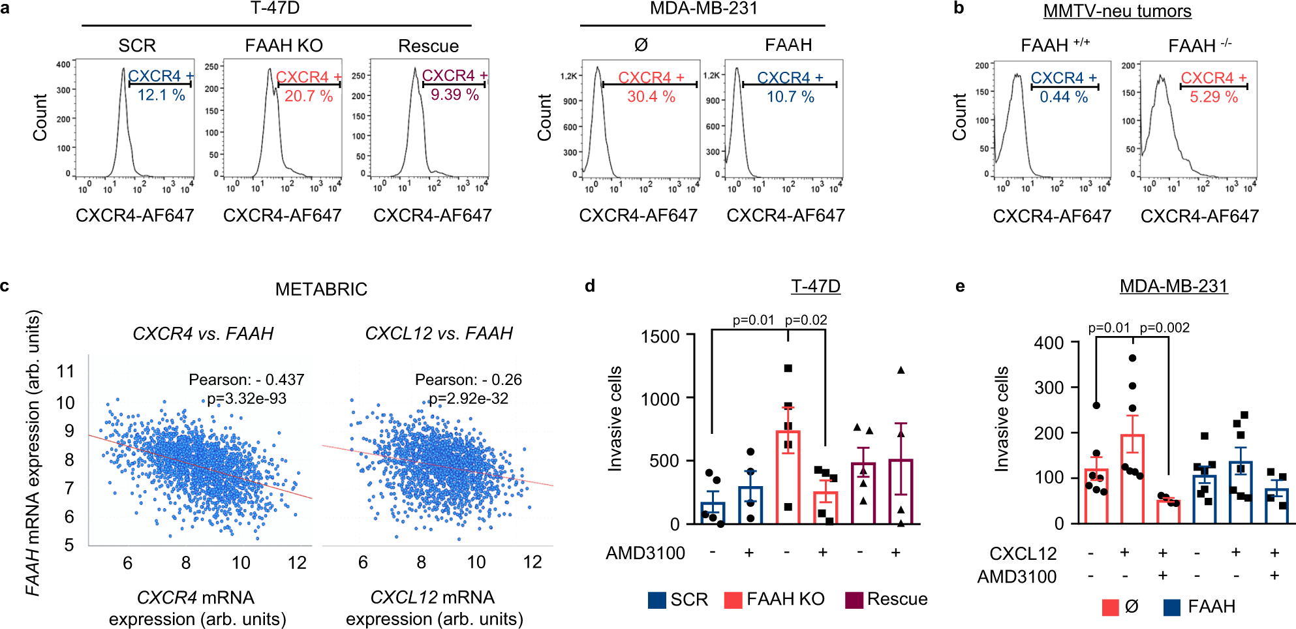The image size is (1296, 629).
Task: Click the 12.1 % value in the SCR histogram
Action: [x=161, y=95]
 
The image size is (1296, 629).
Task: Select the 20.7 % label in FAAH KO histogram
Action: [x=309, y=97]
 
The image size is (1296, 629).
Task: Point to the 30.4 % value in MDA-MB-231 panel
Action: [x=651, y=97]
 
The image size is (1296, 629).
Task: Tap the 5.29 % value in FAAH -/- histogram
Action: [x=1213, y=97]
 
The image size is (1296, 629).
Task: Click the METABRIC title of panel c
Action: [x=321, y=289]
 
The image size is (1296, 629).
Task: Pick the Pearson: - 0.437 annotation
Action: [x=246, y=380]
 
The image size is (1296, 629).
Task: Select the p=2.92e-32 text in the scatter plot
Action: [x=468, y=399]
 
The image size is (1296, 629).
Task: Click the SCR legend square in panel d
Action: [x=656, y=600]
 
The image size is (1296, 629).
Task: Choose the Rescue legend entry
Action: [x=897, y=599]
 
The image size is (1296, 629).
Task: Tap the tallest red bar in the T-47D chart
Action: [x=788, y=477]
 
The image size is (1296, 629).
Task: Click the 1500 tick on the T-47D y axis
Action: [x=660, y=337]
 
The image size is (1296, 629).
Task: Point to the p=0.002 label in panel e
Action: [x=1164, y=328]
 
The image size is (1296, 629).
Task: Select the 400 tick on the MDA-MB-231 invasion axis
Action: [x=1049, y=343]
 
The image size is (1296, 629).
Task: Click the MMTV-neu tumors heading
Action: [x=1117, y=11]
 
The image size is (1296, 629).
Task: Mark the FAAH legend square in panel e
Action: [x=1172, y=607]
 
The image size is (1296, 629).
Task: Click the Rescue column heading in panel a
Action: [x=428, y=46]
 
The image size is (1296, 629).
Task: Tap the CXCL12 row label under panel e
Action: [x=1023, y=554]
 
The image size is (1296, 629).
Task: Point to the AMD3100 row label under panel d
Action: [x=645, y=553]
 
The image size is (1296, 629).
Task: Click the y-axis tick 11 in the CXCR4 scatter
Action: [x=65, y=372]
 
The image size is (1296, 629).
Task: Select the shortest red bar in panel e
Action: [x=1168, y=512]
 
